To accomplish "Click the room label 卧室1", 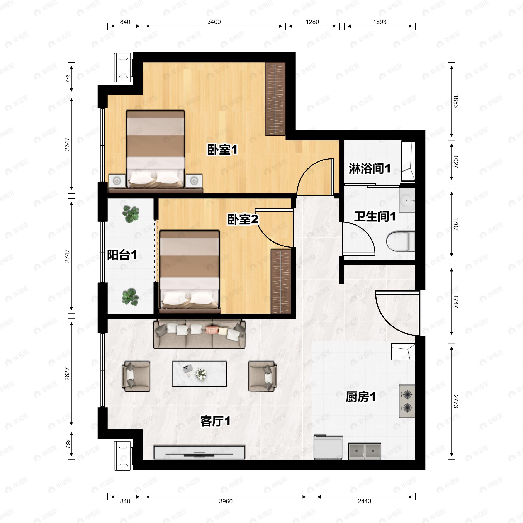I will point(222,149).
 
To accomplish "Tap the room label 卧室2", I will point(243,219).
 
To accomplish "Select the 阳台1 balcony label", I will point(122,255).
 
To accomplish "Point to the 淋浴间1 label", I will point(370,168).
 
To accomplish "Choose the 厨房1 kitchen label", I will point(361,397).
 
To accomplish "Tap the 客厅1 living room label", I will point(215,421).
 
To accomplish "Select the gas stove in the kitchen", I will point(407,401).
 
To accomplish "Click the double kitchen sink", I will point(365,451).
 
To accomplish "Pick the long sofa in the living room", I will point(199,334).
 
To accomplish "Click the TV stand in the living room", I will point(199,452).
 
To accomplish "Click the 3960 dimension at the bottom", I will point(226,501).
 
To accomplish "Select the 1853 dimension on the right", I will point(456,101).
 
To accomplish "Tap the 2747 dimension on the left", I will point(67,256).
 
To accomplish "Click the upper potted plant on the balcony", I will point(131,214).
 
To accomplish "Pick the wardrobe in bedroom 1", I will point(275,99).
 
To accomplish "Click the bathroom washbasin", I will point(407,200).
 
